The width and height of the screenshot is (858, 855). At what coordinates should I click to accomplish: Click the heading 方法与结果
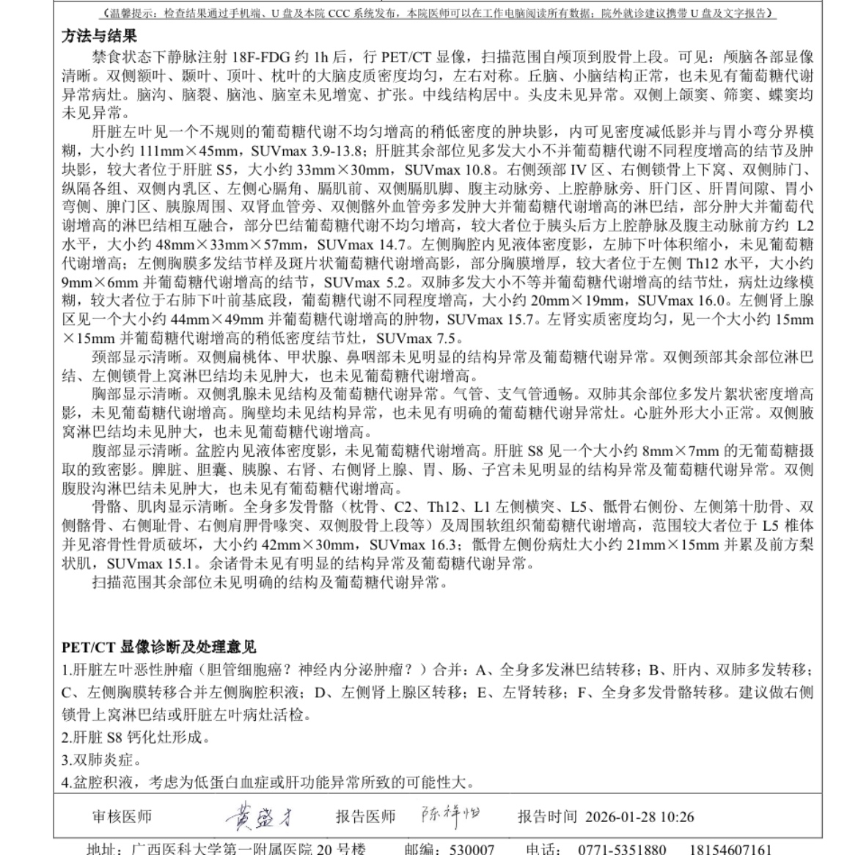click(x=99, y=37)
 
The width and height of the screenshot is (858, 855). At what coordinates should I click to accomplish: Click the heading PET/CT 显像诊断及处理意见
click(x=159, y=647)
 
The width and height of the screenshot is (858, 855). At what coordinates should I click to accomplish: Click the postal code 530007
click(x=472, y=849)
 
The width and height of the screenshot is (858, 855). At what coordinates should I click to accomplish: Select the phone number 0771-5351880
click(x=622, y=849)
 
